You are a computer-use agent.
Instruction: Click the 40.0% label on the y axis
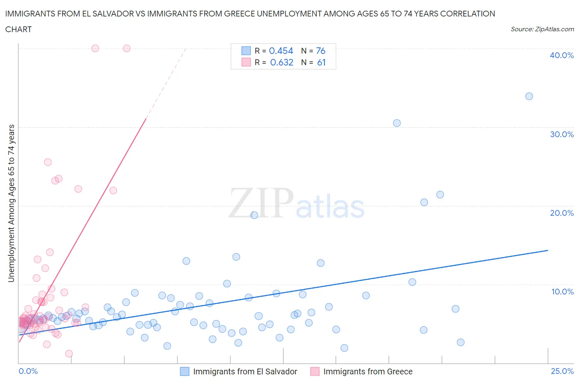[562, 55]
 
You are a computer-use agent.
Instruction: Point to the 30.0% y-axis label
[562, 134]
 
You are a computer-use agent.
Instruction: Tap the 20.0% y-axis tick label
[562, 213]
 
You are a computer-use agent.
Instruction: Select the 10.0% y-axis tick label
[562, 292]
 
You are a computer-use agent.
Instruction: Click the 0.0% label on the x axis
[28, 371]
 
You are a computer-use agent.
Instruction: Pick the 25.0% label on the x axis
[562, 371]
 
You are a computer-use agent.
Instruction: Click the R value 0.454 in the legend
[281, 51]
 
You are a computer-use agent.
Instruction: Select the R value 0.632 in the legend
[282, 62]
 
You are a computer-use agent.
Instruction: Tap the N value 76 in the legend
[320, 51]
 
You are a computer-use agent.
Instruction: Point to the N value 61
[321, 62]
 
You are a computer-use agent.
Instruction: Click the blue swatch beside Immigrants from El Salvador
[185, 371]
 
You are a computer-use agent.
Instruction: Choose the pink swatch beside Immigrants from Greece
[315, 371]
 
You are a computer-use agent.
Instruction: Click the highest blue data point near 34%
[529, 96]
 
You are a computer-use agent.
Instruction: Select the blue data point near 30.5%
[397, 123]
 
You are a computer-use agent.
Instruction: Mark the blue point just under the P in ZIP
[254, 215]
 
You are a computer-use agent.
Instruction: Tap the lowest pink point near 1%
[69, 353]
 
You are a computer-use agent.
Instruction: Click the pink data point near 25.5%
[48, 162]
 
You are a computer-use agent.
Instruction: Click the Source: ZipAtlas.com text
[542, 29]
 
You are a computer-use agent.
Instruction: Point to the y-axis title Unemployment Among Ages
[11, 203]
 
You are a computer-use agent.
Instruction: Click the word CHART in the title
[19, 29]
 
